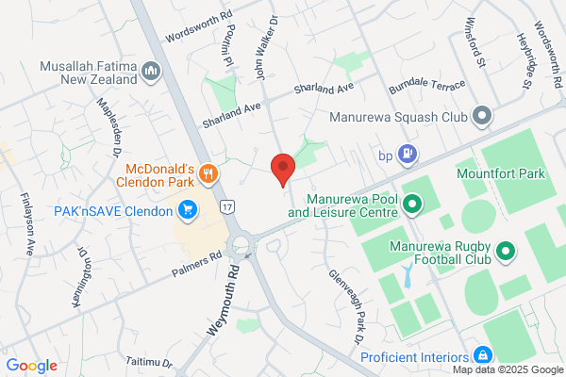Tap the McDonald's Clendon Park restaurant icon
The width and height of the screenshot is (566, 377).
209,173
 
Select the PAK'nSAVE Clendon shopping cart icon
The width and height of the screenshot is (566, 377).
188,208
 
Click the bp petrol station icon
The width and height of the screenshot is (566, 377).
407,152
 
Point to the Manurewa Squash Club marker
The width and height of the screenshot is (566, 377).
482,118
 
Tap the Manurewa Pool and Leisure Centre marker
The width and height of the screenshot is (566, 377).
411,203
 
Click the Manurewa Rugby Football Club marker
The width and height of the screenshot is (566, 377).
505,252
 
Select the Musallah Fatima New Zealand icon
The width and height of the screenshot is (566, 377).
150,72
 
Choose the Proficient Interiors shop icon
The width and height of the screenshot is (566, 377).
482,356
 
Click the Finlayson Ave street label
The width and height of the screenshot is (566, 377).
27,225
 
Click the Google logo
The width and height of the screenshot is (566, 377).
31,366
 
